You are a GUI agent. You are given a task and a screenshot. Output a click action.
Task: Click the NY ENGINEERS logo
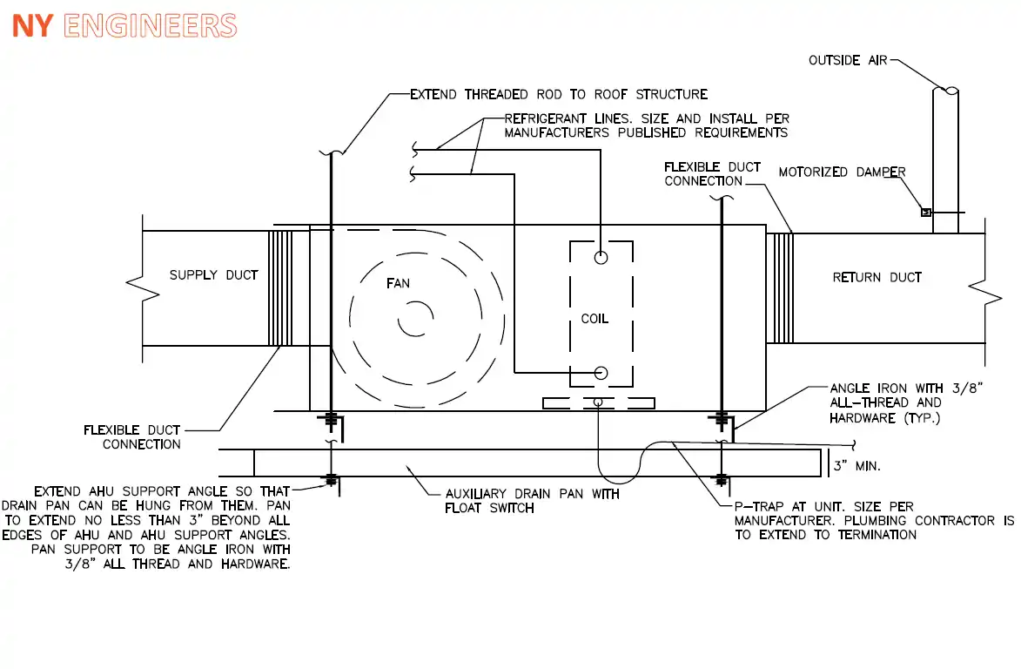tap(124, 26)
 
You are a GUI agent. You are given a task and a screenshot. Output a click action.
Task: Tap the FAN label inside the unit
tap(398, 283)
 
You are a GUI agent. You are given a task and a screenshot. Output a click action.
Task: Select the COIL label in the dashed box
tap(594, 319)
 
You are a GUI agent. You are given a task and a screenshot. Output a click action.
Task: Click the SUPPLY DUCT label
tap(213, 275)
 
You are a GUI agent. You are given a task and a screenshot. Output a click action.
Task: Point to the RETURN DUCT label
tap(877, 278)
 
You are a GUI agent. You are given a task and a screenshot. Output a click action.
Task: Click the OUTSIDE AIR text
tap(848, 61)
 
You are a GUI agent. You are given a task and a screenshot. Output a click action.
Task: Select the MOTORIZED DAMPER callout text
tap(842, 172)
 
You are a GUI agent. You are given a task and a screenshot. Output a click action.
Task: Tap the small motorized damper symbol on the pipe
tap(926, 213)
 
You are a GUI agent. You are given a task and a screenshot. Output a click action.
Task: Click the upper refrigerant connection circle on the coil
tap(601, 257)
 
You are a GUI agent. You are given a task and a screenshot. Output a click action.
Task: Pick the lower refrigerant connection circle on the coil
tap(601, 373)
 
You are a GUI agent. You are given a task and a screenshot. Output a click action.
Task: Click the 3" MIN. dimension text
tap(856, 466)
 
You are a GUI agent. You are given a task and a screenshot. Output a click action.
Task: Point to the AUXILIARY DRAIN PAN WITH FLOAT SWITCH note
tap(532, 501)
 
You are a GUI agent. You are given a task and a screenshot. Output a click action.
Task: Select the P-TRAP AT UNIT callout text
tap(874, 520)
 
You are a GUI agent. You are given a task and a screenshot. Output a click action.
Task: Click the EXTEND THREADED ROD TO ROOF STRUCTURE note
tap(559, 94)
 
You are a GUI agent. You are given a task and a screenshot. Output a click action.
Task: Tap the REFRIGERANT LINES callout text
tap(647, 125)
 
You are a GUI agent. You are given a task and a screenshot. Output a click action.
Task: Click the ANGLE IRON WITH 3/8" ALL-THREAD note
tap(906, 403)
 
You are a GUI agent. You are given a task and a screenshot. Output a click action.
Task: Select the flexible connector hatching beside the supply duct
tap(280, 288)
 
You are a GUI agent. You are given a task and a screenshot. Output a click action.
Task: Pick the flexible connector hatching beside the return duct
tap(780, 288)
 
